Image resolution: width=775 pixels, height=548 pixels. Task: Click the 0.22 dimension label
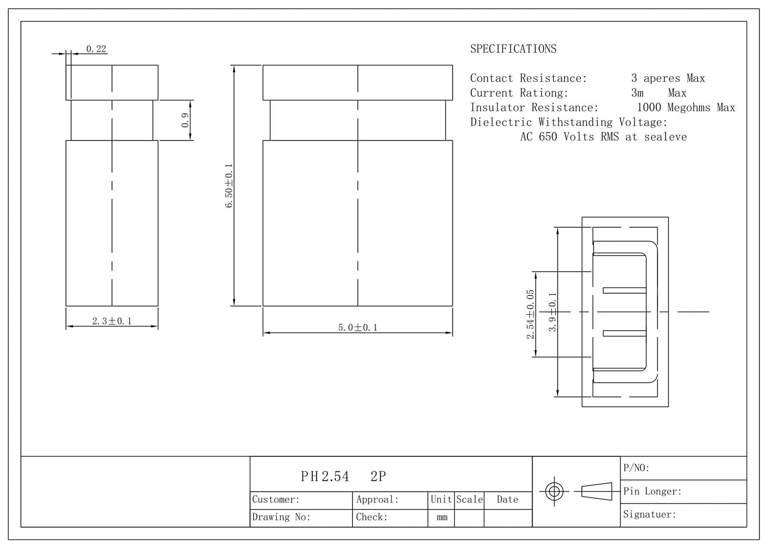[96, 49]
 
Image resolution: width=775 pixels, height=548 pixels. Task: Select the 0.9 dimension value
[185, 120]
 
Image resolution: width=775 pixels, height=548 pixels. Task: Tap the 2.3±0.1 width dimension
[112, 321]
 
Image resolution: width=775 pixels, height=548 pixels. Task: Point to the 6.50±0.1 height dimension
[229, 186]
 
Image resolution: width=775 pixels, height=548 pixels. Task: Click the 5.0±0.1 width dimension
[358, 327]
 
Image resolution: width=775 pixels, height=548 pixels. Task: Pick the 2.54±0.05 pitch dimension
[530, 314]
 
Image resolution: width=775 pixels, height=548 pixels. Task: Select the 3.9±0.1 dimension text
[552, 312]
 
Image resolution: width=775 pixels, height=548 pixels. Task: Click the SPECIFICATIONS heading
[513, 49]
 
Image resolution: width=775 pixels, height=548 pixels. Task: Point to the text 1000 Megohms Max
[686, 108]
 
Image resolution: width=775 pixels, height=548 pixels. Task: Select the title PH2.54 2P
[343, 476]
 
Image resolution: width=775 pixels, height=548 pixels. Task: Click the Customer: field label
[275, 499]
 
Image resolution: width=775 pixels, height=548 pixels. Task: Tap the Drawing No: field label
[281, 517]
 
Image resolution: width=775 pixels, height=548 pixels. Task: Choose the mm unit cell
[442, 517]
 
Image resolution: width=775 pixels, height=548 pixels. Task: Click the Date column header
[507, 499]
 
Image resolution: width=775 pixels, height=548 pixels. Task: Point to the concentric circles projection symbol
[554, 491]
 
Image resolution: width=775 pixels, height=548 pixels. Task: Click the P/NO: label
[636, 468]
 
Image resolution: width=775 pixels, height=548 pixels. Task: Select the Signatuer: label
[649, 514]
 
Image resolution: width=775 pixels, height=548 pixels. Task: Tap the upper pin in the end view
[624, 290]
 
